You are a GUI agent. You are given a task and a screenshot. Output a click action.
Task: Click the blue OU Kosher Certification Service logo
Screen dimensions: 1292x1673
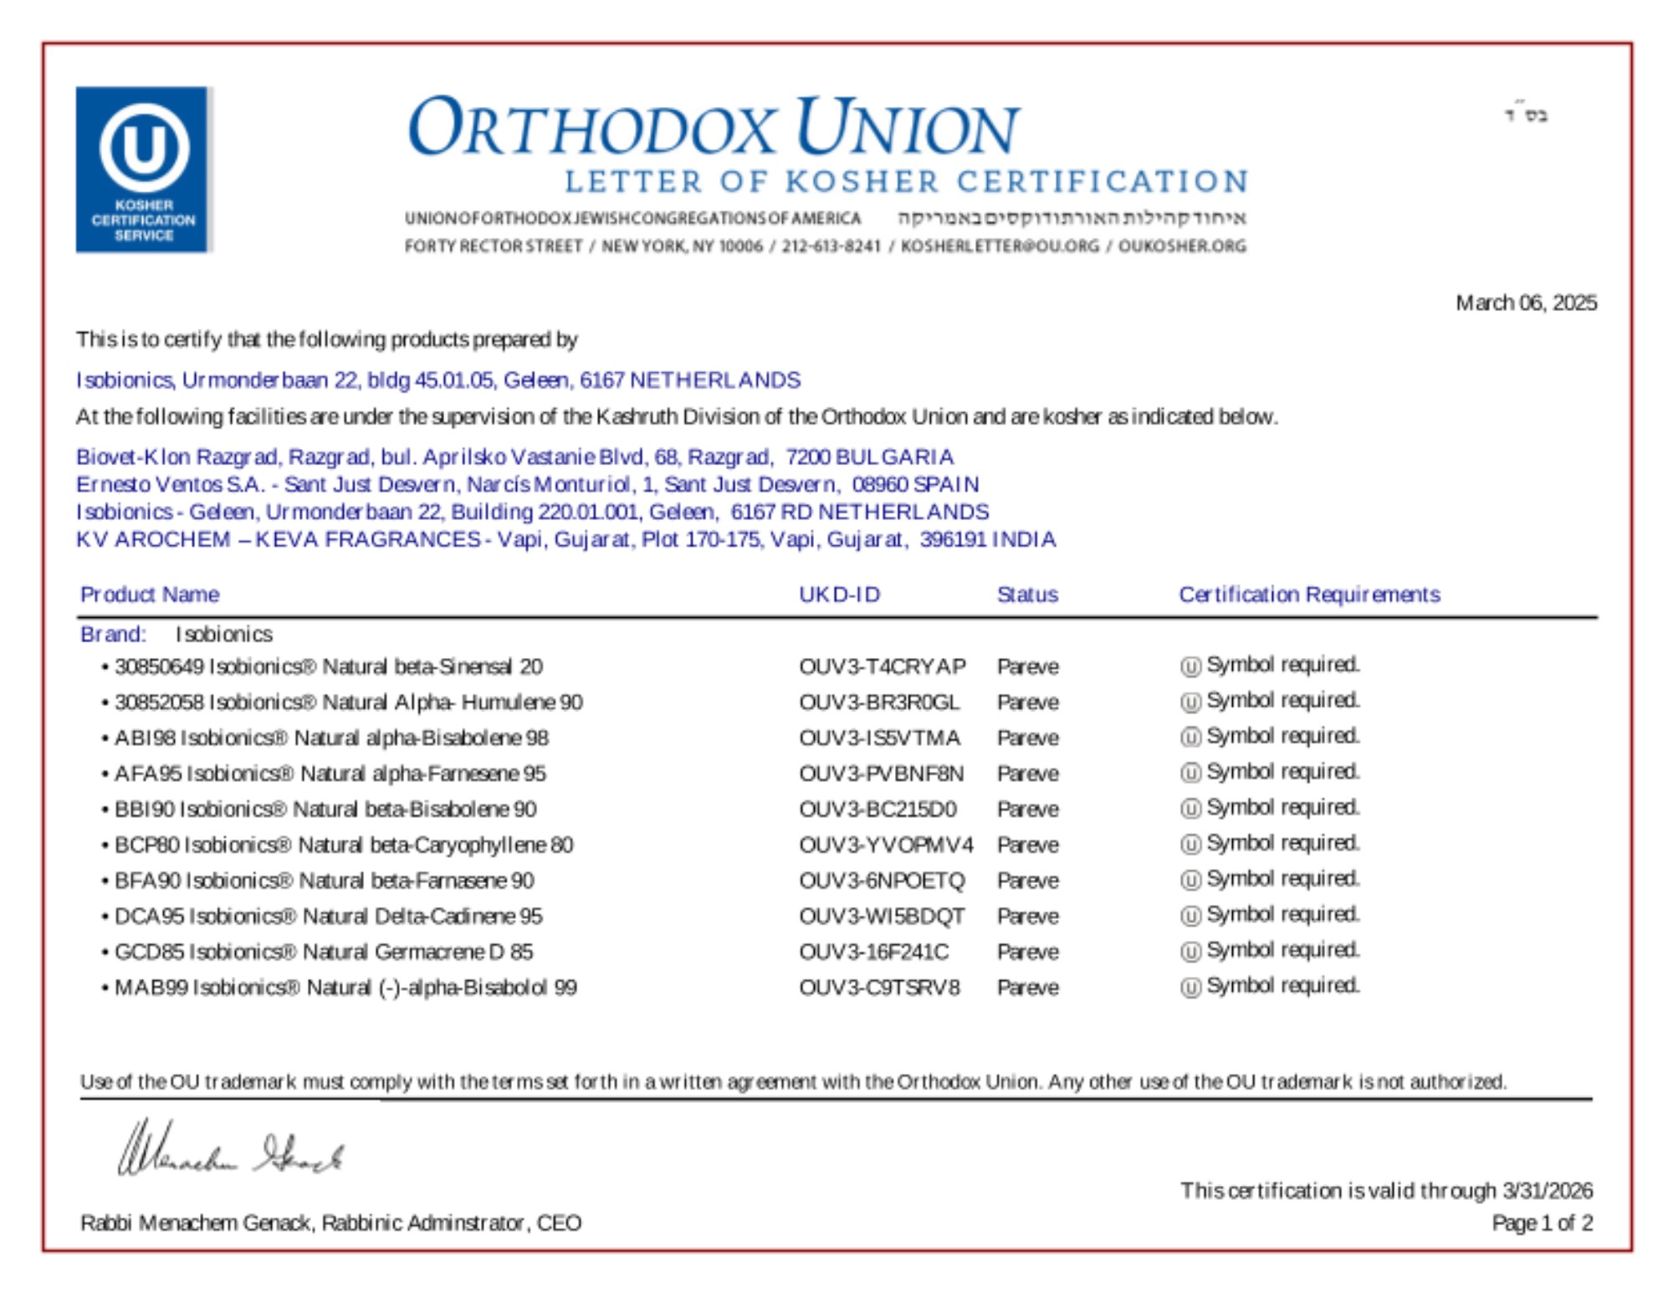pyautogui.click(x=143, y=169)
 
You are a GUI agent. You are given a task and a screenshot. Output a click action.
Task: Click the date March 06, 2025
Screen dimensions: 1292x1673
pyautogui.click(x=1525, y=303)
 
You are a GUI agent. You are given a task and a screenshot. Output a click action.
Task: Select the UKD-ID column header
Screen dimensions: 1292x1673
pyautogui.click(x=839, y=595)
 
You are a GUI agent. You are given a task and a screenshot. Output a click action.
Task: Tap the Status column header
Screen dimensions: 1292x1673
pyautogui.click(x=1027, y=595)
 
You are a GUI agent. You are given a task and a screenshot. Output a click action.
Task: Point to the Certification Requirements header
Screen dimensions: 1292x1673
pyautogui.click(x=1309, y=595)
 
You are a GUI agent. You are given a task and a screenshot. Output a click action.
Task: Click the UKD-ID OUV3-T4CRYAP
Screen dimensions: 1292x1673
pyautogui.click(x=882, y=666)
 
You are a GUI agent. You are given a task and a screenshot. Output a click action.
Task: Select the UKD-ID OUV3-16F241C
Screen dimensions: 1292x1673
pyautogui.click(x=873, y=952)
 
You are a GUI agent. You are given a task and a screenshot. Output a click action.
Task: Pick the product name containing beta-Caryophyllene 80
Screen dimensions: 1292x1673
pyautogui.click(x=343, y=845)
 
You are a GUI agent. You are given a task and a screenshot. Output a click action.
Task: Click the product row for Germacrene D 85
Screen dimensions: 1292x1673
pyautogui.click(x=323, y=952)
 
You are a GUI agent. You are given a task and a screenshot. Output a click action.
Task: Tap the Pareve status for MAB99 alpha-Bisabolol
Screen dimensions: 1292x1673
pyautogui.click(x=1027, y=988)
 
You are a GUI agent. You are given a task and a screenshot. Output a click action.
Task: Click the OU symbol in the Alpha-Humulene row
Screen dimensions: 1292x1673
pyautogui.click(x=1190, y=702)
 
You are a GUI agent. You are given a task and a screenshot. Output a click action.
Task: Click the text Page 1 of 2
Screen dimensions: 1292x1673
pyautogui.click(x=1542, y=1223)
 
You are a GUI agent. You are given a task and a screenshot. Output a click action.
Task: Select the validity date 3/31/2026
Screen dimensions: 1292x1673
pyautogui.click(x=1547, y=1191)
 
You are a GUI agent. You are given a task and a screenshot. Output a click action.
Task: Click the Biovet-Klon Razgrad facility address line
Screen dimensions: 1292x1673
pyautogui.click(x=514, y=457)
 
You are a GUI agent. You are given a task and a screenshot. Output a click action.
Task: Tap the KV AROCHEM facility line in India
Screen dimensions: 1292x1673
pyautogui.click(x=565, y=539)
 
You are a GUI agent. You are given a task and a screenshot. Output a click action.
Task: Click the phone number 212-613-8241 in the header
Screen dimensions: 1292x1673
pyautogui.click(x=831, y=246)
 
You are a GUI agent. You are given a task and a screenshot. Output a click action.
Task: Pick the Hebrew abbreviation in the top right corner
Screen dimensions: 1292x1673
pyautogui.click(x=1527, y=115)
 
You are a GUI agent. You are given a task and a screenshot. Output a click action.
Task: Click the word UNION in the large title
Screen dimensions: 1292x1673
pyautogui.click(x=907, y=129)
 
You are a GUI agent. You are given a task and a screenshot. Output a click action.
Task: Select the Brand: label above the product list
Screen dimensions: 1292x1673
pyautogui.click(x=113, y=635)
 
